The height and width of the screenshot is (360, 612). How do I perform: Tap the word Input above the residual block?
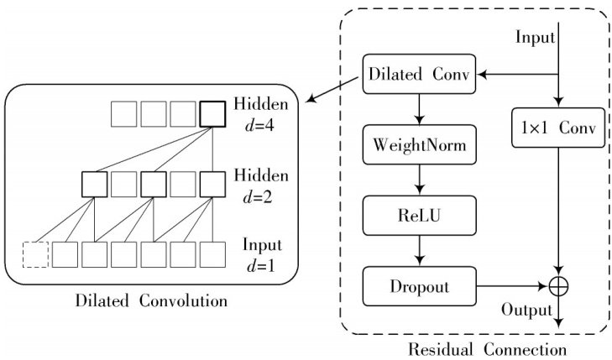tap(535, 37)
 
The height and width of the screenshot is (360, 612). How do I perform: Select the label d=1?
tap(262, 266)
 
